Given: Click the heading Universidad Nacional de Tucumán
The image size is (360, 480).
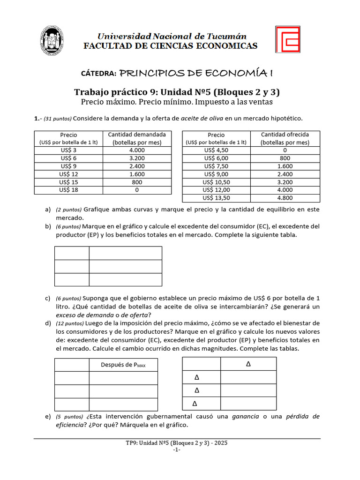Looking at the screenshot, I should tap(171, 36).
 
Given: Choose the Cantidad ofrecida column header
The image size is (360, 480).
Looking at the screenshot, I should tap(285, 138).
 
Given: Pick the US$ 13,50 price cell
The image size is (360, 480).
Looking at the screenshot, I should tap(216, 197).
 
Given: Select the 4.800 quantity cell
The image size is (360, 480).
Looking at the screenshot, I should tap(285, 197).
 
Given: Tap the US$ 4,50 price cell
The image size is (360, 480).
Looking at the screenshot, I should tap(216, 150).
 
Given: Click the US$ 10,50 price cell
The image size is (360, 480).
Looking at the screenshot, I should tap(216, 182).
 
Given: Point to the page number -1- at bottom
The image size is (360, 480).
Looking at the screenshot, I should tap(177, 450).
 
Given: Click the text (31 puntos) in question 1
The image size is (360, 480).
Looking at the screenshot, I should tap(58, 119).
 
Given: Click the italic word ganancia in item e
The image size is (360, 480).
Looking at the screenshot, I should tap(248, 416).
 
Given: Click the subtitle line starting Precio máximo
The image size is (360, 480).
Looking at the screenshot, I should tap(177, 102).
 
